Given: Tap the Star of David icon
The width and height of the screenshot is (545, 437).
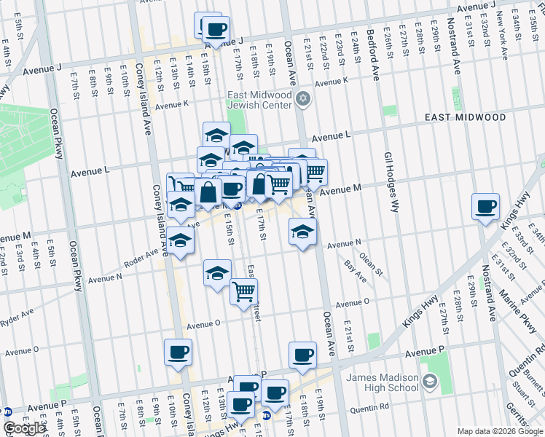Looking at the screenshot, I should pyautogui.click(x=303, y=100).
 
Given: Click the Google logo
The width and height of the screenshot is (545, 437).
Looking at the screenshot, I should pyautogui.click(x=24, y=428).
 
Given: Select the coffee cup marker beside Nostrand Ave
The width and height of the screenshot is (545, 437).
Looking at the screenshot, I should pyautogui.click(x=485, y=207).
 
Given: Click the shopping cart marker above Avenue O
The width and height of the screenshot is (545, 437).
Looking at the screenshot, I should pyautogui.click(x=244, y=291).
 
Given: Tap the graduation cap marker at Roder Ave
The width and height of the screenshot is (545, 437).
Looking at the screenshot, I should pyautogui.click(x=180, y=240).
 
